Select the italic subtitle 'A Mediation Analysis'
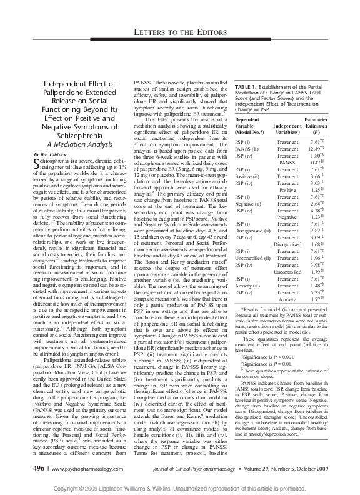pyautogui.click(x=74, y=142)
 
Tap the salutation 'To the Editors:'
pyautogui.click(x=52, y=154)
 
